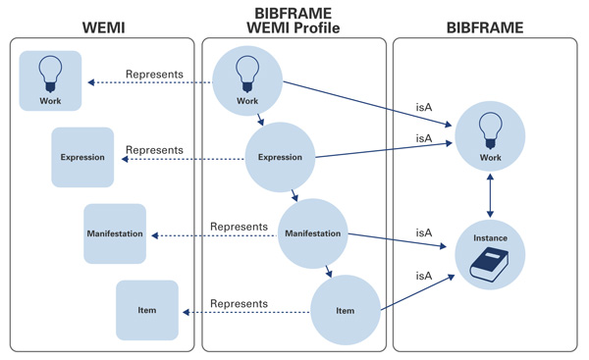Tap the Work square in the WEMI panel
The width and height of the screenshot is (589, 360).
pos(50,80)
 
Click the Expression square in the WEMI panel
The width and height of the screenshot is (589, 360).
pos(82,157)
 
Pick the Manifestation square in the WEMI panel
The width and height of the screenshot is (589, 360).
pos(115,233)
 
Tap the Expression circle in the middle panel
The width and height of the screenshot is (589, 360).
pos(280,157)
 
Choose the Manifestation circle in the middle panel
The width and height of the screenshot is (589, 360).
pos(312,233)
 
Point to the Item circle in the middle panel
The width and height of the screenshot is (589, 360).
pos(345,311)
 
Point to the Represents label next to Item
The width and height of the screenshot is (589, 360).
pos(240,304)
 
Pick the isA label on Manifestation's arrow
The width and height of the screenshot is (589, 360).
pos(424,233)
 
